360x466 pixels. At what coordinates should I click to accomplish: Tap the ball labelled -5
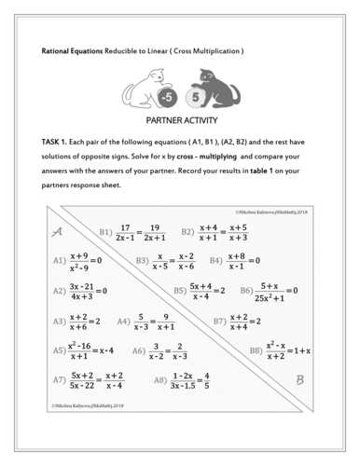165,97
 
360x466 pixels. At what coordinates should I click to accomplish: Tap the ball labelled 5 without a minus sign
195,97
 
